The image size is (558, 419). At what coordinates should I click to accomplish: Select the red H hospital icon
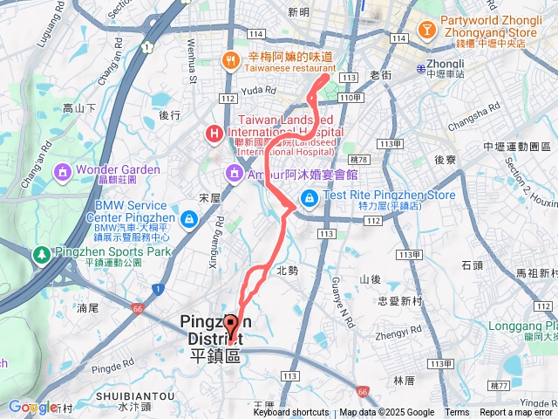point(212,134)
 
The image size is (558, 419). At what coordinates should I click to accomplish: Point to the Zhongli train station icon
point(421,67)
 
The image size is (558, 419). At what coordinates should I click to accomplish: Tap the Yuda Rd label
point(258,89)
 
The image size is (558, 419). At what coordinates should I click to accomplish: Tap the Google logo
point(32,407)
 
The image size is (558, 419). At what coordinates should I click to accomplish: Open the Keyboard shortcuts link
point(291,413)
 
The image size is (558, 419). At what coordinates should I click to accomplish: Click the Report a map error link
point(517,413)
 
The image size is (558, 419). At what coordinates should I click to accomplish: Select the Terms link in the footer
point(457,413)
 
